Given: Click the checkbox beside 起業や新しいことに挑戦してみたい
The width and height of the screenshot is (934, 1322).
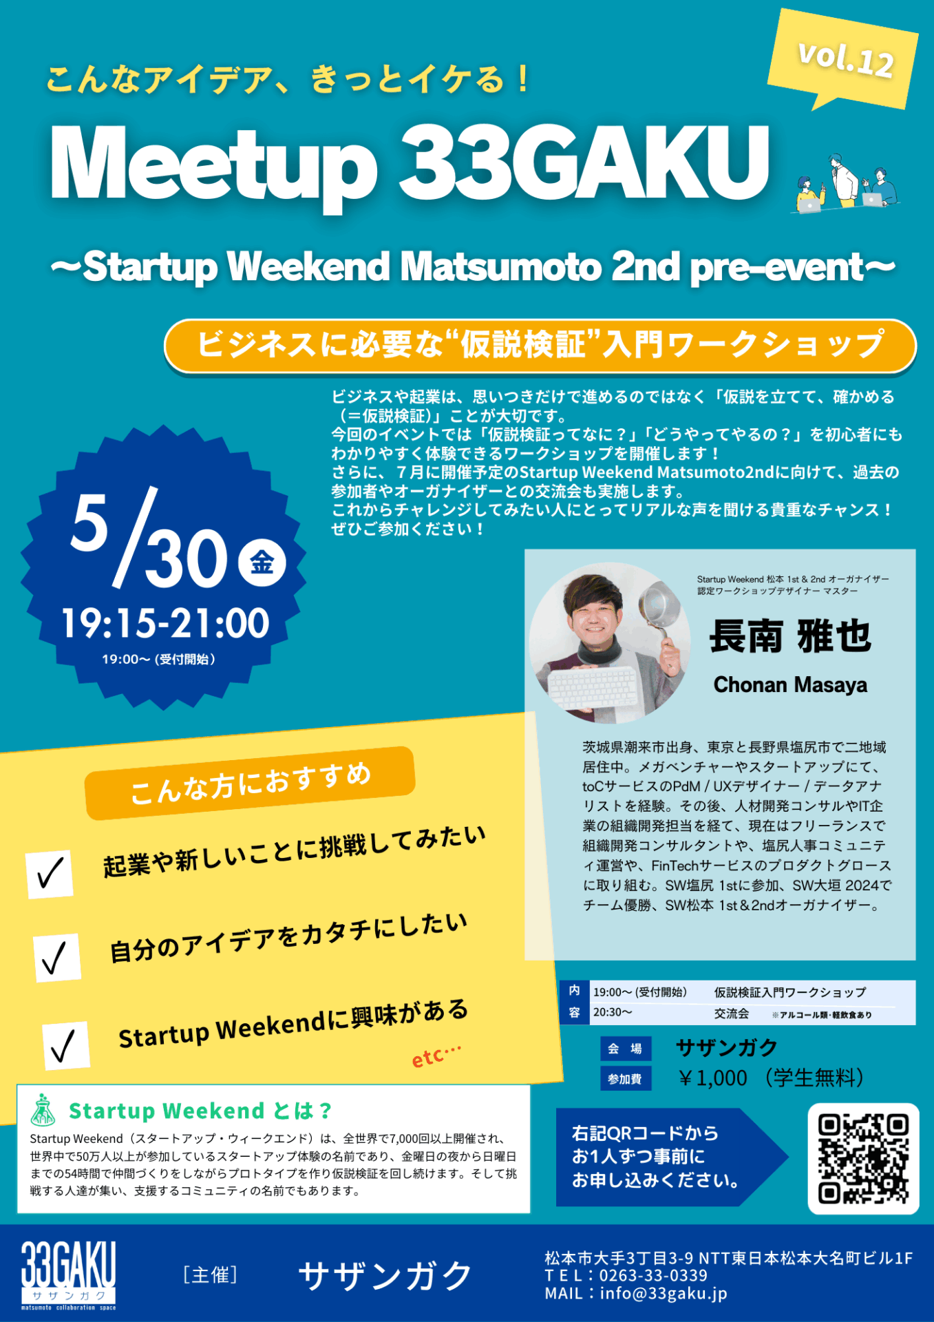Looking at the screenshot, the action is coord(50,874).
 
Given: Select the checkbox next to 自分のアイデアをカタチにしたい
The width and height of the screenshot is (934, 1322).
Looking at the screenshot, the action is coord(57,957).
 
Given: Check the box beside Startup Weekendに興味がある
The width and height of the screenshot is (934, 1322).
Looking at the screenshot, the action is coord(65,1046).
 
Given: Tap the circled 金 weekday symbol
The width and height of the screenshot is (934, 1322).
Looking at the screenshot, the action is coord(262,562).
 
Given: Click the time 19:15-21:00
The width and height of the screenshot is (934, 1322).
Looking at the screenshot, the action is coord(165,623).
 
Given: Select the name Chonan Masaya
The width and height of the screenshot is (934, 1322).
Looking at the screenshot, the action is coord(790,684).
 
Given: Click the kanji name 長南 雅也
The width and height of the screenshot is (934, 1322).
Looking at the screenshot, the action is coord(790,636).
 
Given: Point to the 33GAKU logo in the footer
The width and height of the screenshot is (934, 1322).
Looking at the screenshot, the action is coord(68,1275).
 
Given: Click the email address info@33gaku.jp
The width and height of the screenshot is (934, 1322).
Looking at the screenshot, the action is coord(664,1294).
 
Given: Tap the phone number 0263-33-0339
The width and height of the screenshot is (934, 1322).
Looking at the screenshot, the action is coord(653,1276).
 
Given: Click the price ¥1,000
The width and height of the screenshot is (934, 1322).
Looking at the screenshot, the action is coord(713,1078).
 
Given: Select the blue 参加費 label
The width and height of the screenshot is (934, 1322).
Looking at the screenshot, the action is coord(625,1079).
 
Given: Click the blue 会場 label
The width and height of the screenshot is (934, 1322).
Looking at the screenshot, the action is coord(625,1049).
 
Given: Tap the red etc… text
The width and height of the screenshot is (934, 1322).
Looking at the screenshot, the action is coord(436,1056).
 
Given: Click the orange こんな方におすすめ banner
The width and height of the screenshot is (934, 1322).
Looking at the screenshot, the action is coord(250,783).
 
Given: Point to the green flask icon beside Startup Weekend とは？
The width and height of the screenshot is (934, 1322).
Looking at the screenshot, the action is coord(43,1110).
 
